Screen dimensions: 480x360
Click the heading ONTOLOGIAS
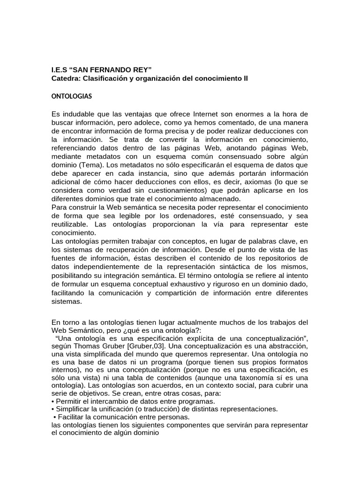tap(71, 97)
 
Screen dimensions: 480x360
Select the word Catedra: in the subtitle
tap(65, 78)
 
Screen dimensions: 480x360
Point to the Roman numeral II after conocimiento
tap(244, 78)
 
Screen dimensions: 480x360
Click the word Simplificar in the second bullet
tap(75, 409)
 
